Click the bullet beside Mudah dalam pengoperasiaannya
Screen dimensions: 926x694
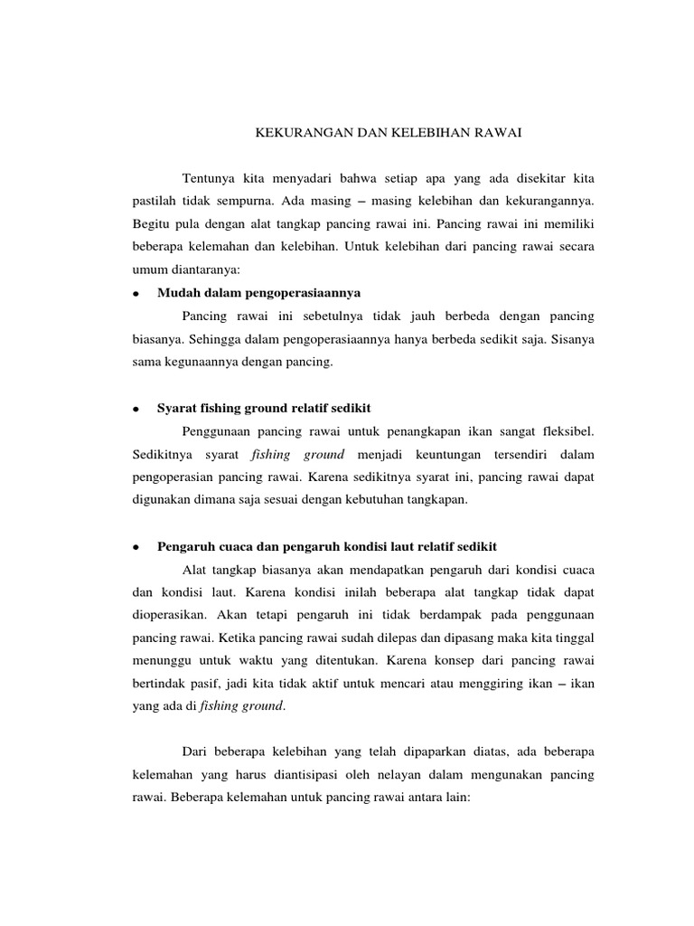point(134,294)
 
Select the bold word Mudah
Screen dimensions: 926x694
point(176,293)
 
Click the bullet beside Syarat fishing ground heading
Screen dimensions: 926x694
point(134,408)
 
